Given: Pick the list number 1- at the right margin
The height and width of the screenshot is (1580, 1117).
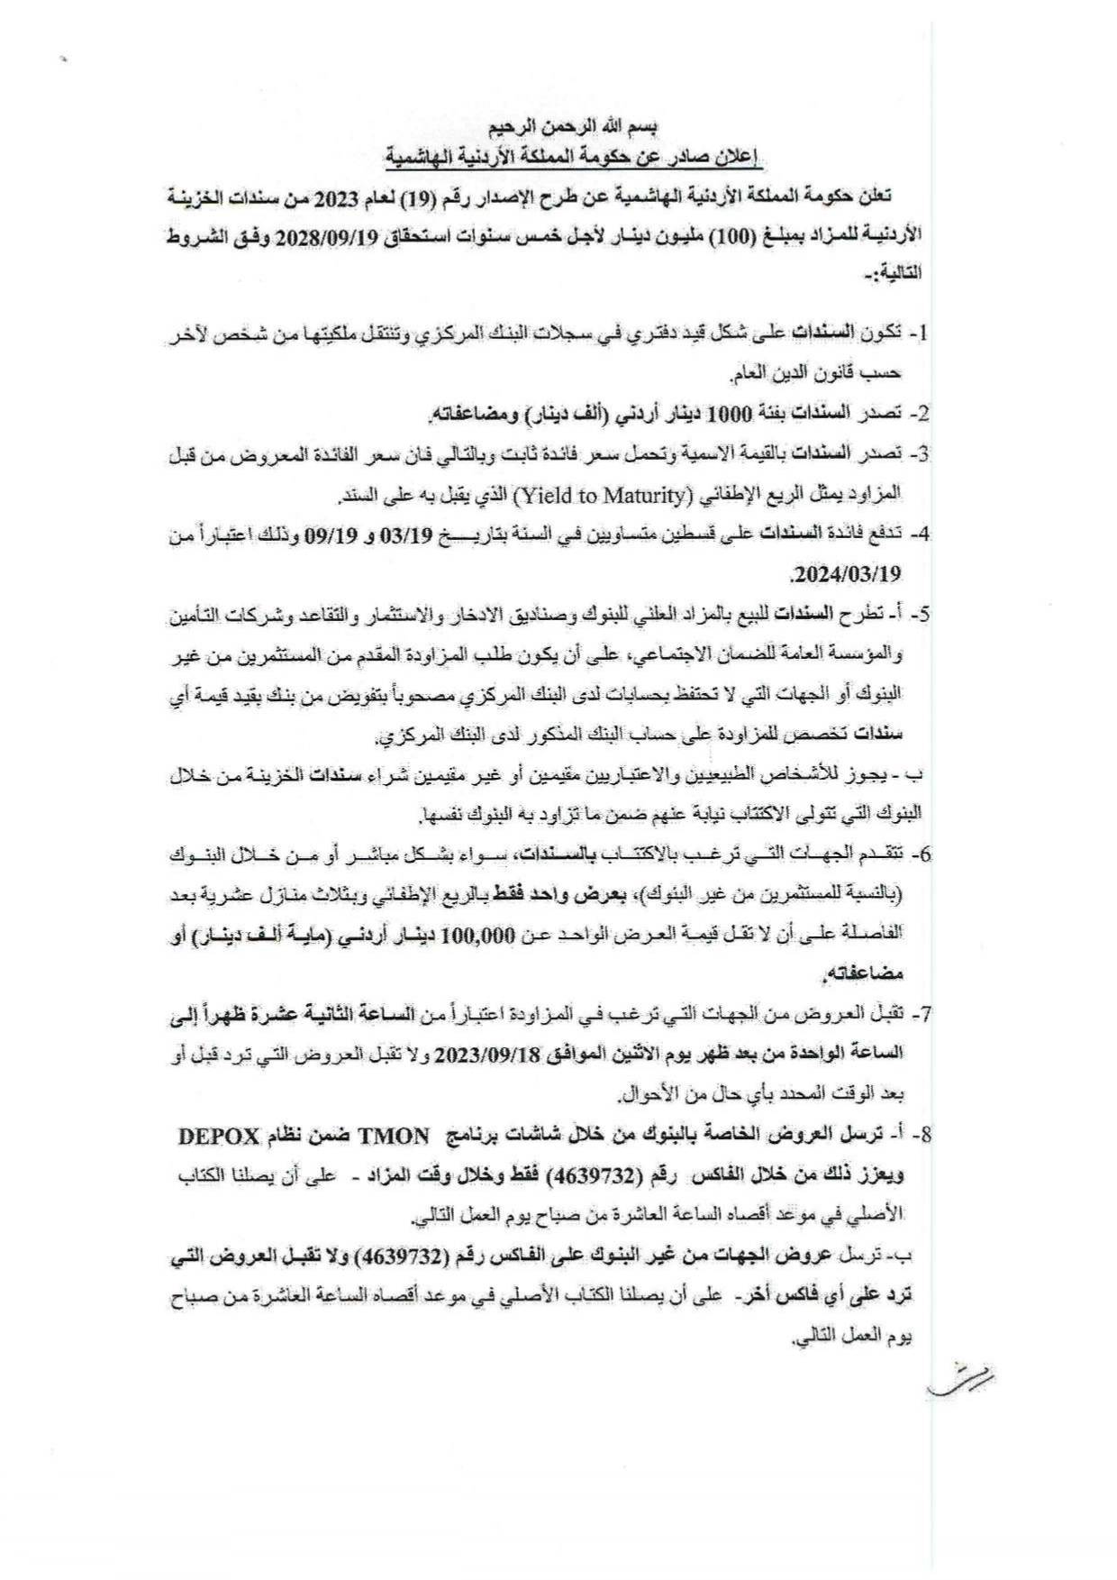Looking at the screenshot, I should point(919,333).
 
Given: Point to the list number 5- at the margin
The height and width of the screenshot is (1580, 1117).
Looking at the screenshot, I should point(919,616).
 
